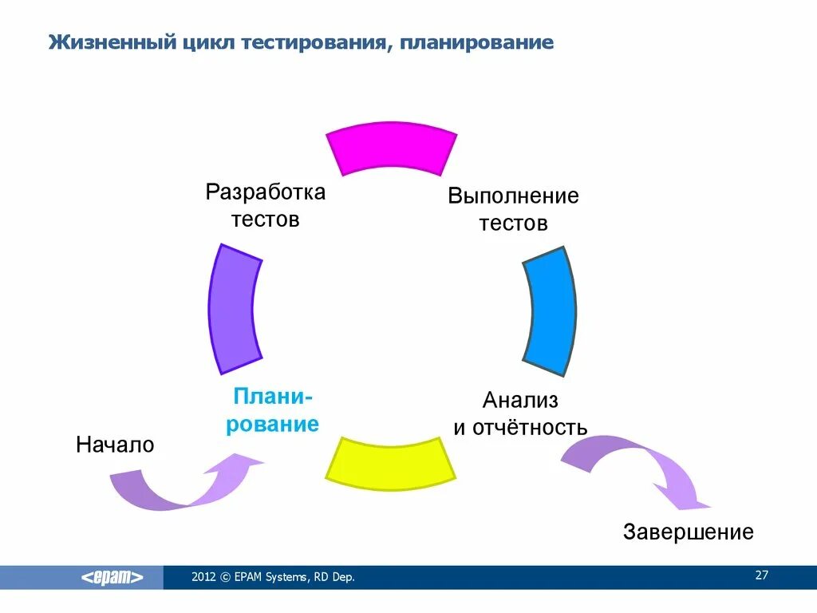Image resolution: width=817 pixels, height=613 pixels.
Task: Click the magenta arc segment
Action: (392, 148)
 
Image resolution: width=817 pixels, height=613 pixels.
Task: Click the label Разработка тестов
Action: (266, 205)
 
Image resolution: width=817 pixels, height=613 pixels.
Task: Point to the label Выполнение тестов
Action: (513, 209)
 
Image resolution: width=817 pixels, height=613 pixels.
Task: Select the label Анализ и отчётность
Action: (520, 413)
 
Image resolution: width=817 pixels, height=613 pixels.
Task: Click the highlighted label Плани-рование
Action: (272, 410)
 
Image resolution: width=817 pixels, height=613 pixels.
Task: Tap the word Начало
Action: (115, 445)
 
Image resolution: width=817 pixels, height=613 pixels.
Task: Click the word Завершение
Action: (689, 532)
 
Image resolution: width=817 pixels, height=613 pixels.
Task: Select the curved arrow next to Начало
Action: (184, 484)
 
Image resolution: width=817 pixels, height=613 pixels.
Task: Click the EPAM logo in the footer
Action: (112, 577)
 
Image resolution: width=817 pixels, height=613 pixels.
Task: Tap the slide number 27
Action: (761, 575)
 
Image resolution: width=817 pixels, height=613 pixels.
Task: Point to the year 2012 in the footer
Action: (203, 577)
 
